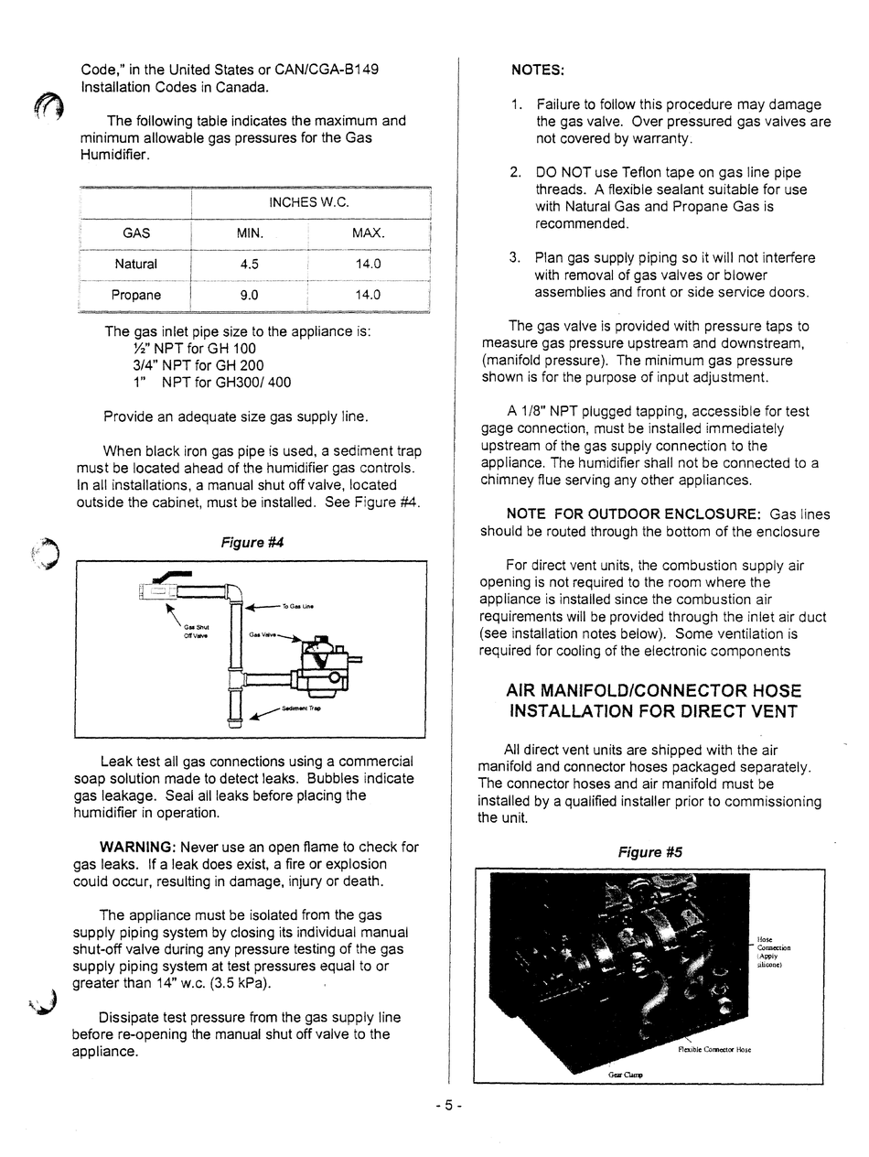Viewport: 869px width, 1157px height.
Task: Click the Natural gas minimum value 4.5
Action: coord(249,264)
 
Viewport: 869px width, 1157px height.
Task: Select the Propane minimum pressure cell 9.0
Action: coord(249,295)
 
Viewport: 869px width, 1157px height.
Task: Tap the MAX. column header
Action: coord(368,233)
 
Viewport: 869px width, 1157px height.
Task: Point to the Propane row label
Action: coord(136,295)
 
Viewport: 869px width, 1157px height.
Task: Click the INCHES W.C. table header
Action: coord(309,202)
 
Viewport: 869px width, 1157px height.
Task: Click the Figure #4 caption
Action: coord(252,542)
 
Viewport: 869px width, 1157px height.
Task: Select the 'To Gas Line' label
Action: coord(297,606)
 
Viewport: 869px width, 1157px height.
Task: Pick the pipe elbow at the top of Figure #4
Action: coord(234,592)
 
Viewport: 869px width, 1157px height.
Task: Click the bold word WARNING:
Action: coord(137,847)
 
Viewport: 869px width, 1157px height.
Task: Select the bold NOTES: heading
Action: coord(537,70)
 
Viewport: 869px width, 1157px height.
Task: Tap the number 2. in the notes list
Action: coord(516,172)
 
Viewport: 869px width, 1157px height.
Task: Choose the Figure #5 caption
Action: coord(649,852)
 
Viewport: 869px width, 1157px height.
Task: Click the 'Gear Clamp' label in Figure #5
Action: coord(626,1075)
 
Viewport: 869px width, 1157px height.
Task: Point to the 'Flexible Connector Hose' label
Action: coord(714,1049)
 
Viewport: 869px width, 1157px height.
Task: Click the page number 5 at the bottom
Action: coord(448,1106)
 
